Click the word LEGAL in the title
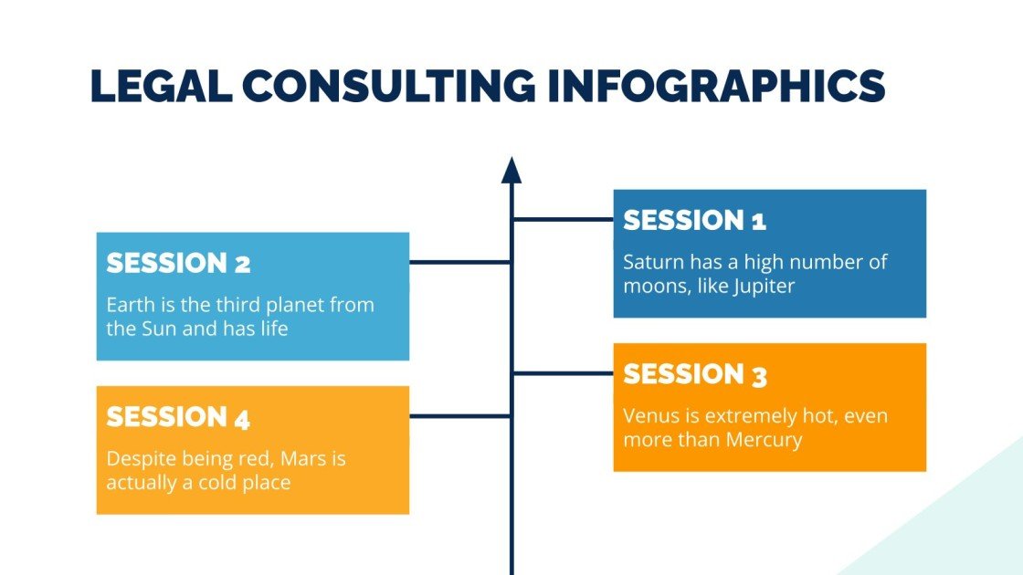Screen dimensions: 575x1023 pyautogui.click(x=159, y=86)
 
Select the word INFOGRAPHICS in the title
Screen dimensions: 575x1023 pyautogui.click(x=718, y=86)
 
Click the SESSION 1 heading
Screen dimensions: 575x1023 pyautogui.click(x=694, y=220)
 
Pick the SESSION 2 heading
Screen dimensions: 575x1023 pyautogui.click(x=178, y=264)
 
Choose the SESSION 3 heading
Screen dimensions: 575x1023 pyautogui.click(x=695, y=374)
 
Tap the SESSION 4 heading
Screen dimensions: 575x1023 pyautogui.click(x=178, y=417)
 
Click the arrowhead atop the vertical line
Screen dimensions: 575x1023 pyautogui.click(x=511, y=170)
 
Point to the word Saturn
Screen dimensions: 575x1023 pyautogui.click(x=652, y=262)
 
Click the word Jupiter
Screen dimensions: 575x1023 pyautogui.click(x=765, y=286)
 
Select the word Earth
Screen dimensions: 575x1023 pyautogui.click(x=130, y=305)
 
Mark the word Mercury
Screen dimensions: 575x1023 pyautogui.click(x=764, y=440)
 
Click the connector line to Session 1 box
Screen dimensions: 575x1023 pyautogui.click(x=563, y=219)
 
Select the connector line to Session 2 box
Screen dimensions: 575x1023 pyautogui.click(x=459, y=263)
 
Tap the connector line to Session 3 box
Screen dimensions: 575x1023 pyautogui.click(x=563, y=373)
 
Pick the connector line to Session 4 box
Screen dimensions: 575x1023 pyautogui.click(x=459, y=416)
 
